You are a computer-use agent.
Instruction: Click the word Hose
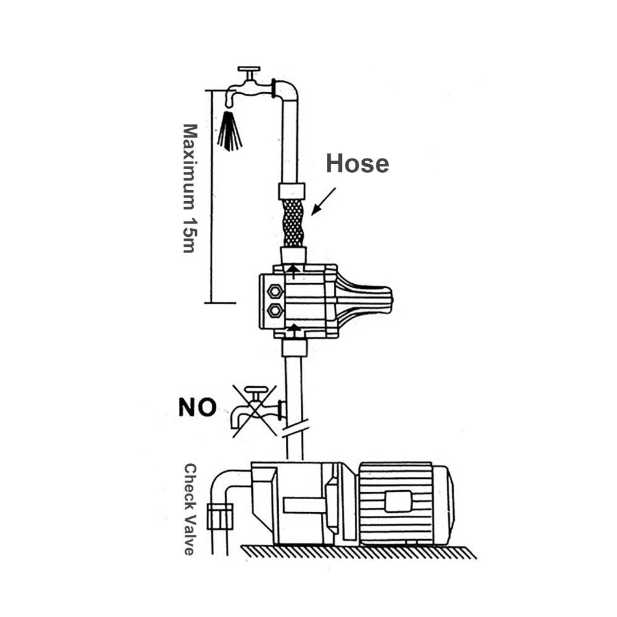pyautogui.click(x=357, y=164)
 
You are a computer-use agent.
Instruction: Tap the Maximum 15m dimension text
pyautogui.click(x=190, y=188)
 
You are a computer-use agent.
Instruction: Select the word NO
pyautogui.click(x=197, y=407)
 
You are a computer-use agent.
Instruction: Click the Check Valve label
pyautogui.click(x=189, y=509)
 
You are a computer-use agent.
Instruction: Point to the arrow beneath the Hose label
pyautogui.click(x=323, y=202)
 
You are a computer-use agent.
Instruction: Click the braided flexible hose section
pyautogui.click(x=294, y=223)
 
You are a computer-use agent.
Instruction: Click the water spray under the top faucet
pyautogui.click(x=230, y=131)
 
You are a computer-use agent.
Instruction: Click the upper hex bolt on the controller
pyautogui.click(x=275, y=292)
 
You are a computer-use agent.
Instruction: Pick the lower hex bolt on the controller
pyautogui.click(x=275, y=311)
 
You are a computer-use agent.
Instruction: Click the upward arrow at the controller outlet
pyautogui.click(x=292, y=272)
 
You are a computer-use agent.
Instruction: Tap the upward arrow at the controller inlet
pyautogui.click(x=292, y=331)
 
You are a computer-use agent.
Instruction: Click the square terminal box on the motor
pyautogui.click(x=398, y=502)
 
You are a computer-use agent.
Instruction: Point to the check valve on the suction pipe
pyautogui.click(x=220, y=516)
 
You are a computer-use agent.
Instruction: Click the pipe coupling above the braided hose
pyautogui.click(x=292, y=191)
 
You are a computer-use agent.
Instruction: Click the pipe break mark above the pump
pyautogui.click(x=294, y=428)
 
